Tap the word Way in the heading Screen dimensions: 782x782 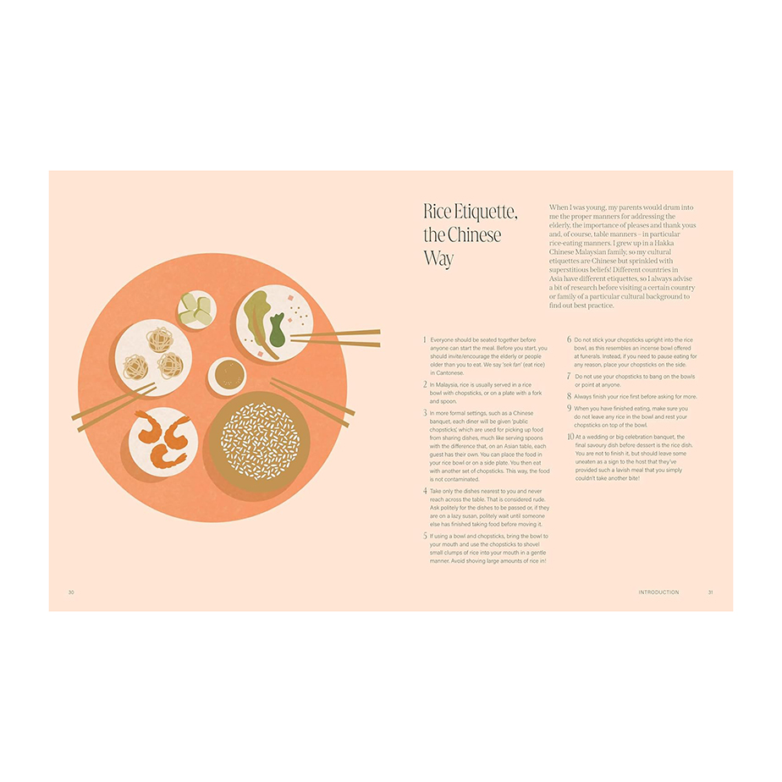point(438,259)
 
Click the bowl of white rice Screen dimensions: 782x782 point(259,441)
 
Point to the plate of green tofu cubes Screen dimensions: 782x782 point(197,309)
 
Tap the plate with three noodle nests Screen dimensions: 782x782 point(153,358)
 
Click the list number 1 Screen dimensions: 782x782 point(425,339)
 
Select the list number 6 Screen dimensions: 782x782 point(569,339)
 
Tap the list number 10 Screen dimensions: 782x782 point(570,437)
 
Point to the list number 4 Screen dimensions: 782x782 point(425,491)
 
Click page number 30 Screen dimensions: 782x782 point(71,592)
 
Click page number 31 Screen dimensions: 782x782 point(711,592)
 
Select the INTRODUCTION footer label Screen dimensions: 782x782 point(658,592)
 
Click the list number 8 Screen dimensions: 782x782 point(569,396)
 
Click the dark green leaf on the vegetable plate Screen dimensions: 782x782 point(277,330)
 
